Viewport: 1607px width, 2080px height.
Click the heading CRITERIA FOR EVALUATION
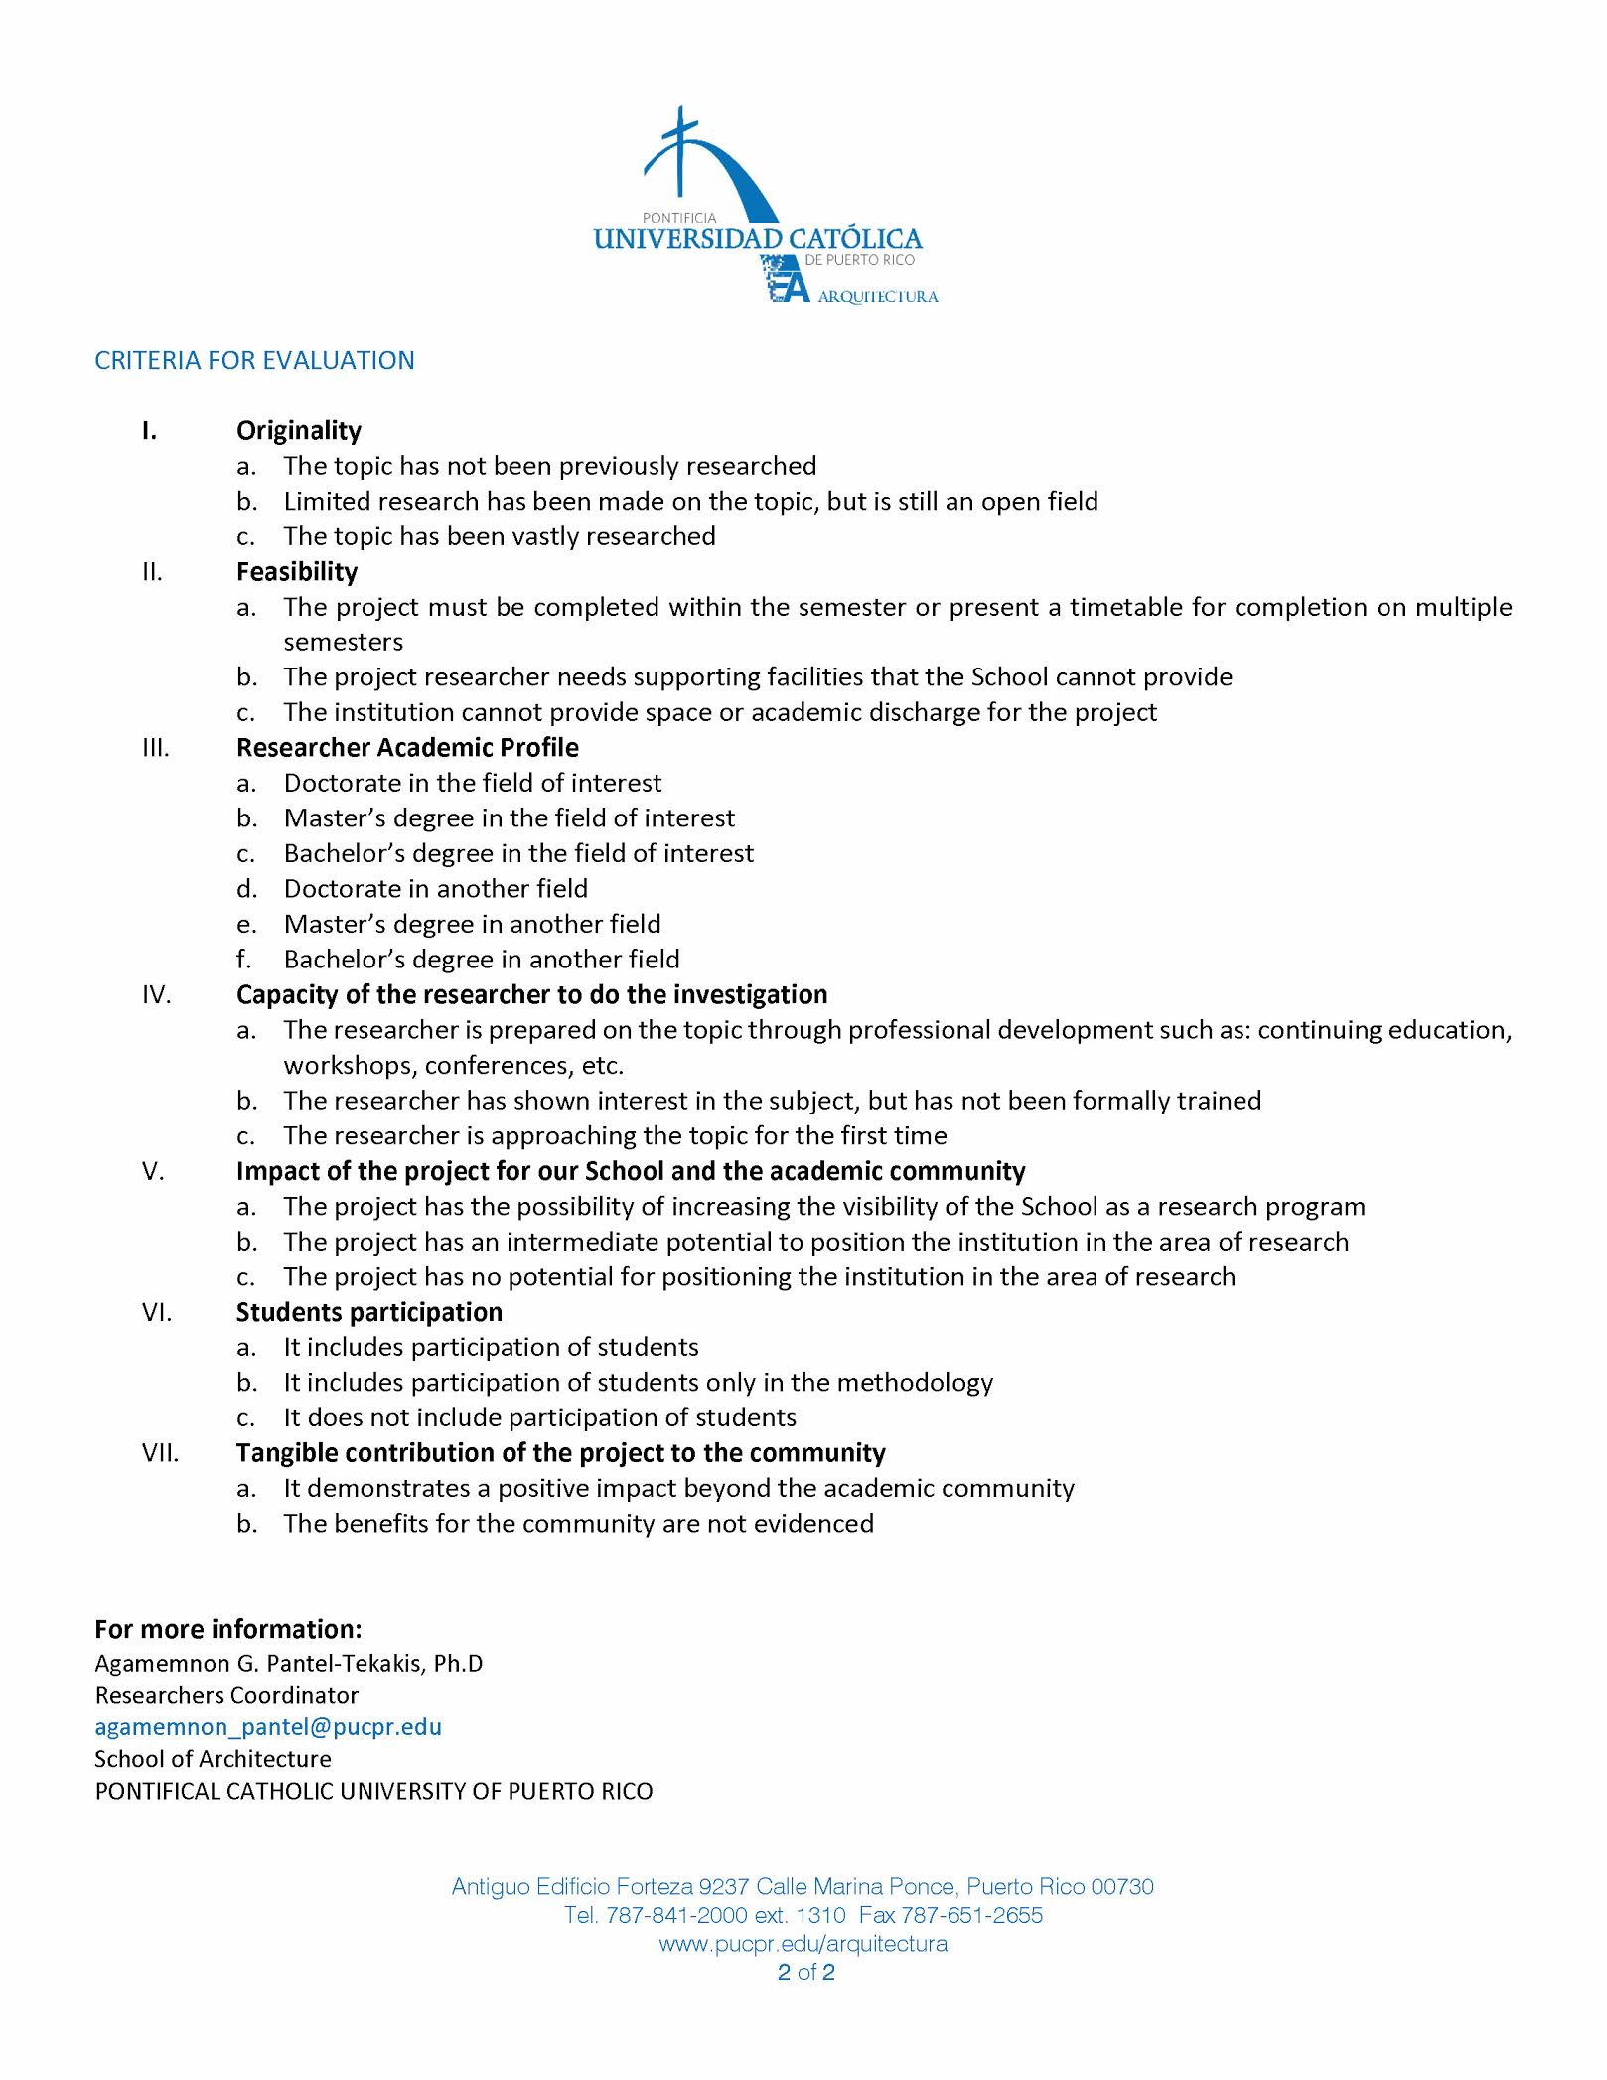254,360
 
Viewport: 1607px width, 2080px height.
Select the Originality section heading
298,430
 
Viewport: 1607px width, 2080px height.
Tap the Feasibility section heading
296,571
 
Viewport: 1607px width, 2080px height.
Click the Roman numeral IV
156,994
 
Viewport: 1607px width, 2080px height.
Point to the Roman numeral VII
160,1453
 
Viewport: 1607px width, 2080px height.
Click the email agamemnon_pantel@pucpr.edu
268,1726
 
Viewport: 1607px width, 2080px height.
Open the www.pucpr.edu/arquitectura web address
803,1943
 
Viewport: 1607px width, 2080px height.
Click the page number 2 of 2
805,1972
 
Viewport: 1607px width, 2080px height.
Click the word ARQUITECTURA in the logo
877,296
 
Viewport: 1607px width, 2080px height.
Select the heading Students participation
368,1312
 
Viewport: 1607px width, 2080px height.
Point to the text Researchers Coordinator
226,1695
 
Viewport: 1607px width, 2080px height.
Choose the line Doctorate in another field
435,888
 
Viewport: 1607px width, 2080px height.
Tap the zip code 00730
1122,1886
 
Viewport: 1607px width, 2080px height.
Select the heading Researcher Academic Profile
407,747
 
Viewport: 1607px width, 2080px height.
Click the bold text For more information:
228,1629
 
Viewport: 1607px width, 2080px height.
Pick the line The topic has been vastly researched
499,536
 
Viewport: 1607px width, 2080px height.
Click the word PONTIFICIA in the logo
678,218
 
